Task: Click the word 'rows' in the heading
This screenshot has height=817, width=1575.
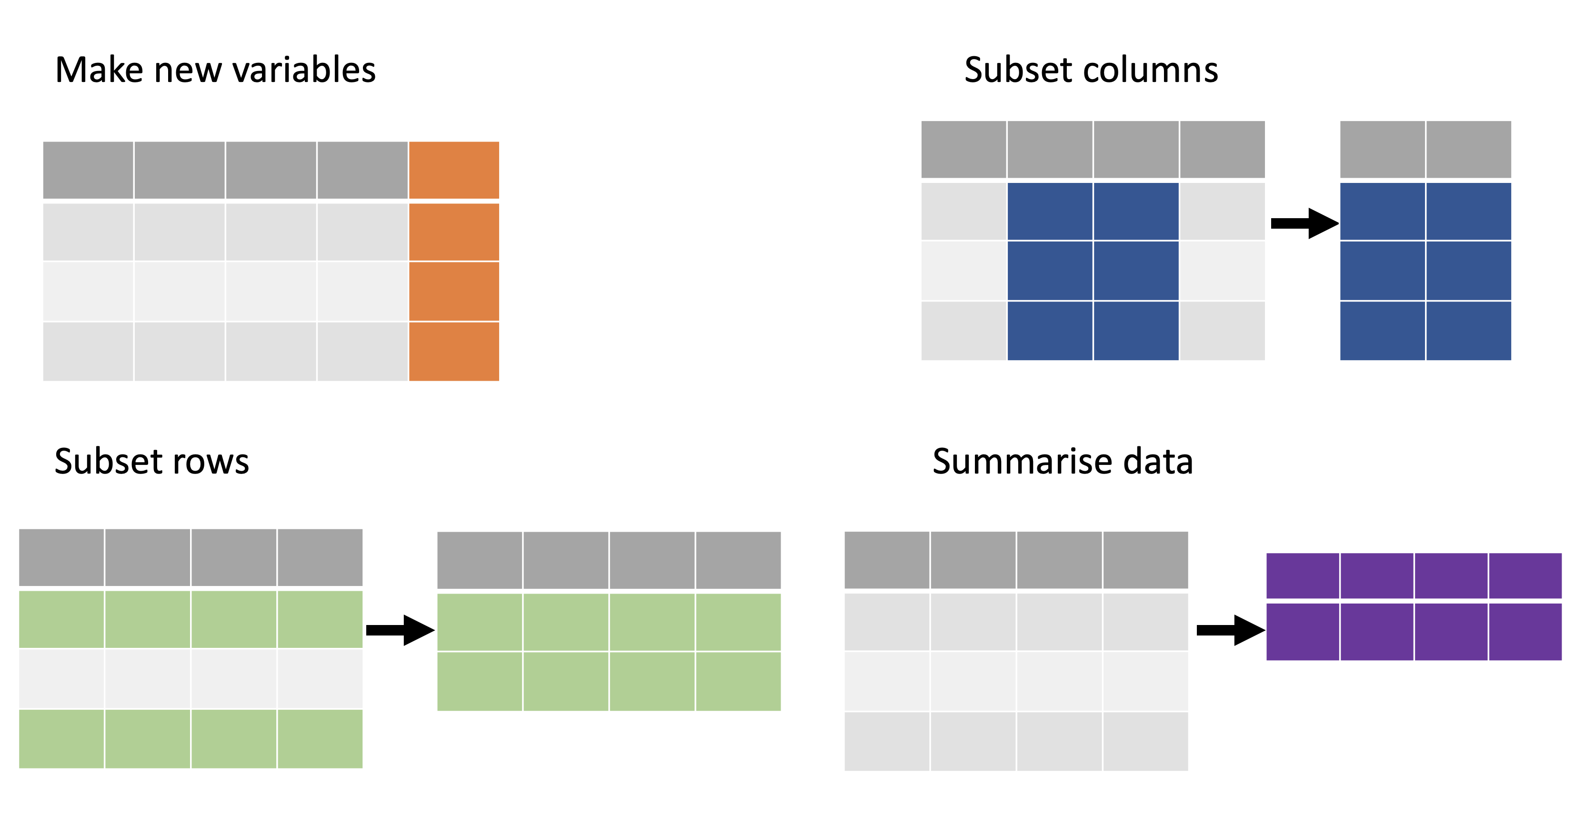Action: [211, 462]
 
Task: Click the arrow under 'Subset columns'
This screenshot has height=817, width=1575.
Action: [1305, 223]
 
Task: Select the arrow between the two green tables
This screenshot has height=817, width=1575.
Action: [401, 630]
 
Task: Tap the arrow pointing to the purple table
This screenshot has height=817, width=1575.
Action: [1231, 630]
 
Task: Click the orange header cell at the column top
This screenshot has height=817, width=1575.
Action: [454, 170]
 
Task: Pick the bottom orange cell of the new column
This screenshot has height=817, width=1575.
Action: [454, 352]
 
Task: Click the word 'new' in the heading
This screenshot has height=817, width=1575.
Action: [188, 72]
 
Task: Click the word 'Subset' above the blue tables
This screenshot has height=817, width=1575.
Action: [1018, 70]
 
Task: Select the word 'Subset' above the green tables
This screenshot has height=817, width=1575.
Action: [108, 461]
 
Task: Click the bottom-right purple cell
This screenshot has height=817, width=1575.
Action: [1525, 632]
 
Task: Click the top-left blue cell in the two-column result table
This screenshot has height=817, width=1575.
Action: [1383, 211]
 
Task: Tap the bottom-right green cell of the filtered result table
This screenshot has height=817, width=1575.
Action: [739, 681]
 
